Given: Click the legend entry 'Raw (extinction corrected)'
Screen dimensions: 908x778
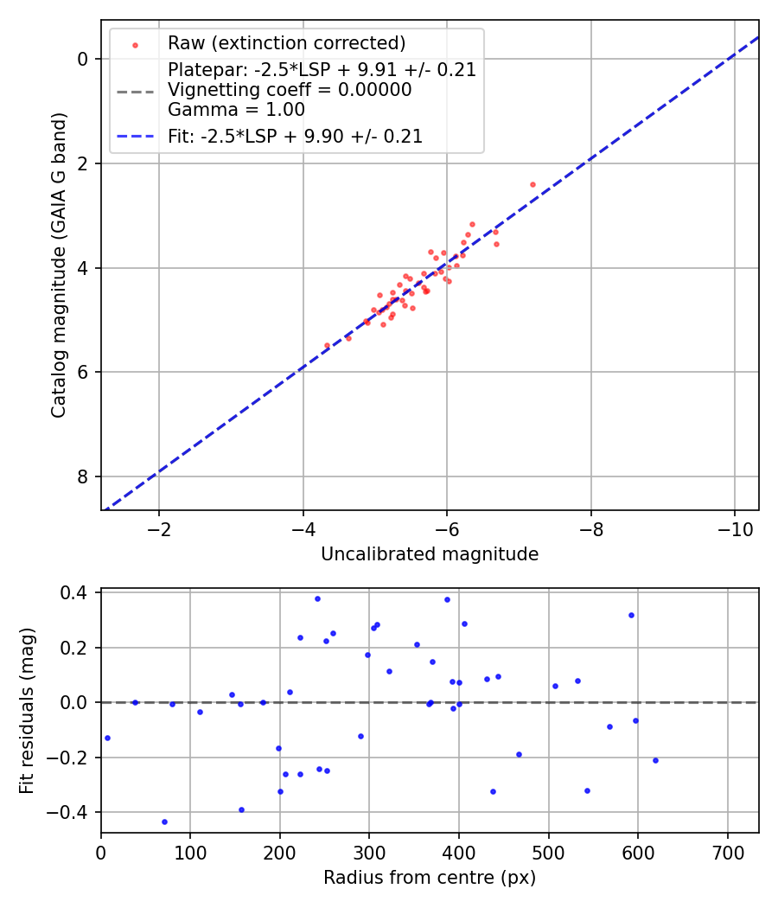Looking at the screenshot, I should click(x=286, y=43).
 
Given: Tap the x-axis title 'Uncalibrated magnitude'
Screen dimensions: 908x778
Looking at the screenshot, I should click(x=430, y=554).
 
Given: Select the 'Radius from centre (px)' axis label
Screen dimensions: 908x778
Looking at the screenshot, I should click(x=430, y=878).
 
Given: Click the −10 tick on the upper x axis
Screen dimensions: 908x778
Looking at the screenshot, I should click(x=735, y=528).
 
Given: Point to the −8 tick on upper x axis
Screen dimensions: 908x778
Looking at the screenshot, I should click(x=591, y=528).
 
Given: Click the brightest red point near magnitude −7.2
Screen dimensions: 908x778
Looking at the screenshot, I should click(x=532, y=184).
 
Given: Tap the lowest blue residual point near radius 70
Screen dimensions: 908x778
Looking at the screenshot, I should click(x=164, y=822).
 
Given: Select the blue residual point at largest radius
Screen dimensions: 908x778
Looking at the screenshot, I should click(x=655, y=760).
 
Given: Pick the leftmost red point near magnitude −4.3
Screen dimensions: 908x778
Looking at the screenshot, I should click(x=327, y=345).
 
